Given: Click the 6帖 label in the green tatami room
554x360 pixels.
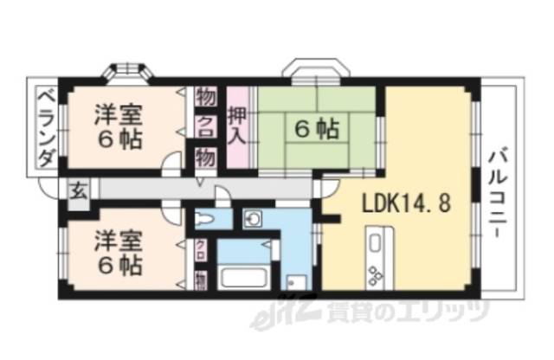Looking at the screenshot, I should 317,130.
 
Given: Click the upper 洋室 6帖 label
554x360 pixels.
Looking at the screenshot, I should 119,126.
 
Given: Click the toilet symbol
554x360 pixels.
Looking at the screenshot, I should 206,217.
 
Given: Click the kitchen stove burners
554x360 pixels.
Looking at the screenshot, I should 377,276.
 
